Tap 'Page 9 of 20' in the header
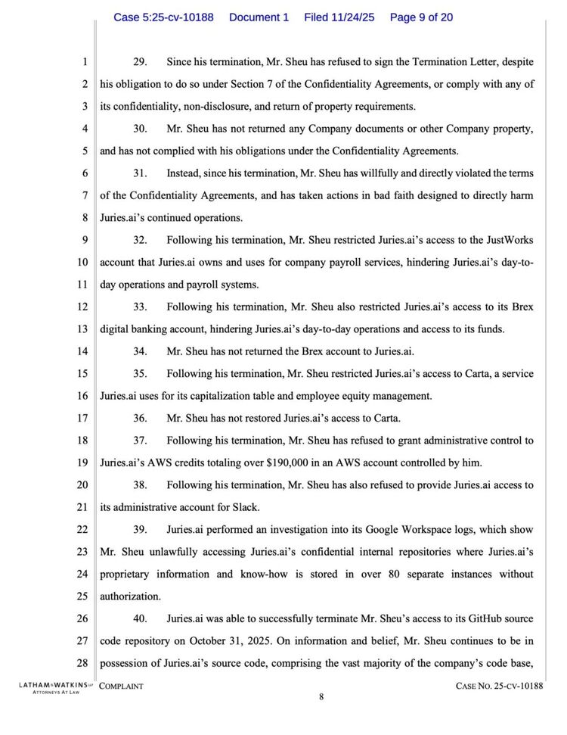[421, 17]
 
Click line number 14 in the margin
[83, 351]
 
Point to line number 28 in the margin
[83, 664]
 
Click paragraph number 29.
[140, 61]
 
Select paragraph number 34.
[140, 351]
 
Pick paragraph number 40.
[140, 619]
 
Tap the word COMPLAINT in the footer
[122, 687]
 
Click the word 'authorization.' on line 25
[129, 596]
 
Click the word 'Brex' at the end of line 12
[522, 307]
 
